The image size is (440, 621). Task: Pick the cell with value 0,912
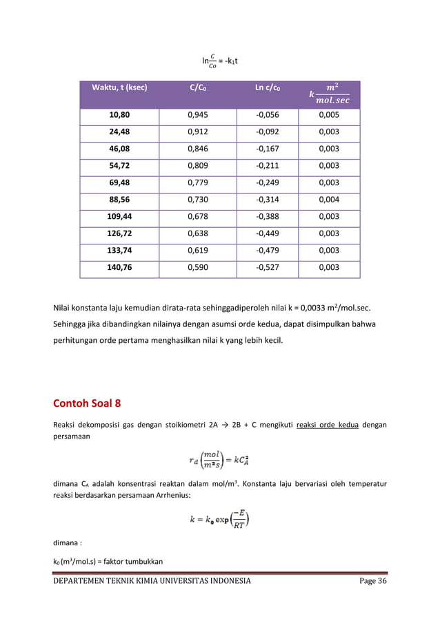(200, 133)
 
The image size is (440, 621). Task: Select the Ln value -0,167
(268, 150)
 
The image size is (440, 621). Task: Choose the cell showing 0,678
(200, 218)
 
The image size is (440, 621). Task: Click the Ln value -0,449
(268, 235)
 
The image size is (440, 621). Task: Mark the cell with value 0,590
(200, 269)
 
